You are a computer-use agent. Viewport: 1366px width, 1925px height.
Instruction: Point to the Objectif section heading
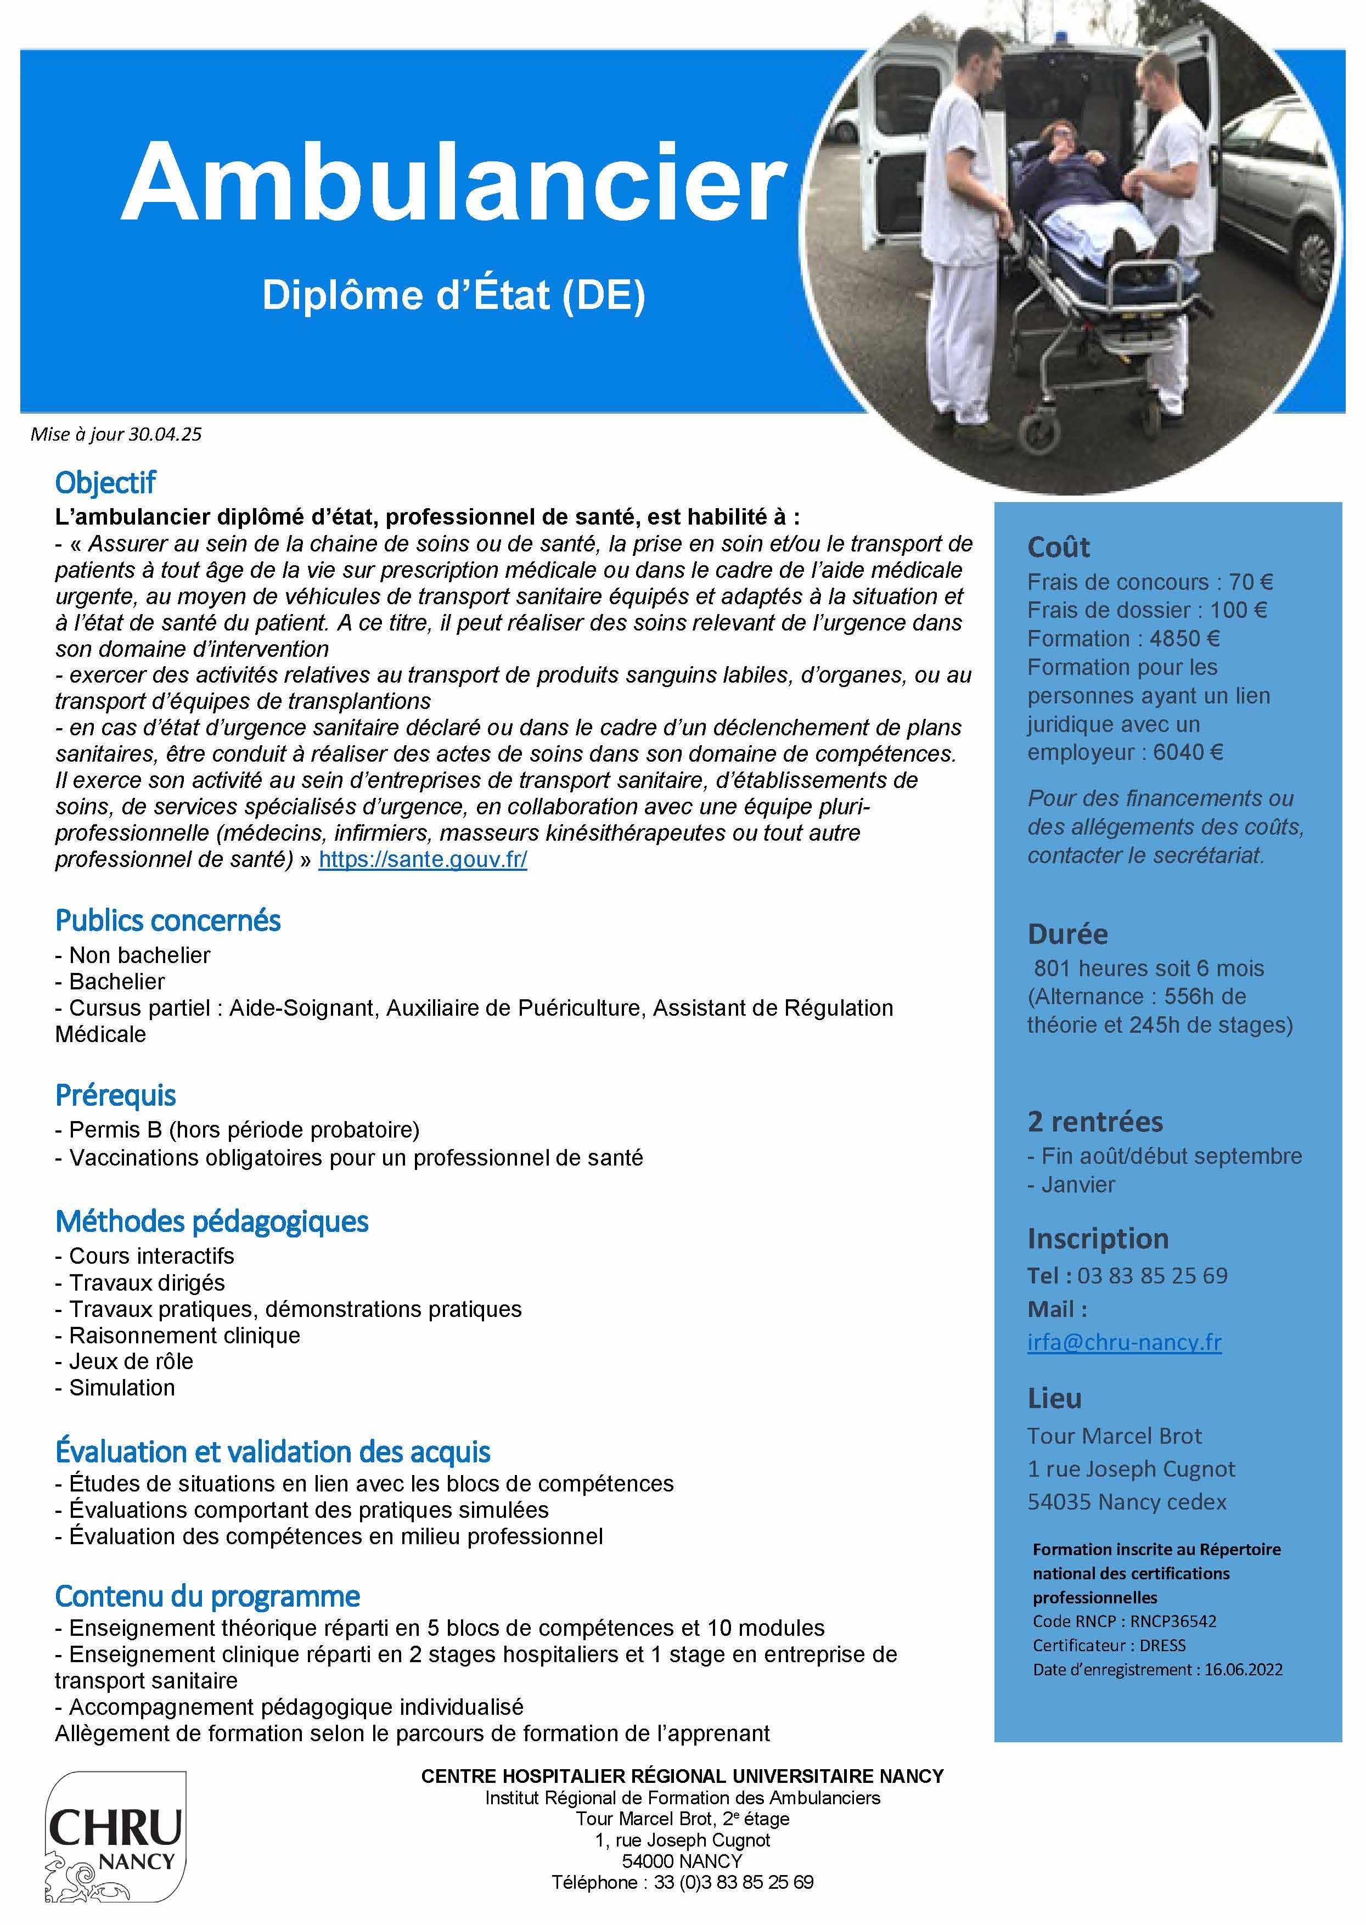(x=105, y=483)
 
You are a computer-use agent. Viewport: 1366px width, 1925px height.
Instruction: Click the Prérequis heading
(x=115, y=1095)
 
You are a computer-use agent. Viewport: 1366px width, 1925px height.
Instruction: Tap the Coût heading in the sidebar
(x=1058, y=548)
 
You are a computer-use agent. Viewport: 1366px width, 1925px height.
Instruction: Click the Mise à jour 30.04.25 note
(x=116, y=435)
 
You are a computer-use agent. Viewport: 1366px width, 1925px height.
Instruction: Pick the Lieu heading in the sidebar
(x=1054, y=1398)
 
